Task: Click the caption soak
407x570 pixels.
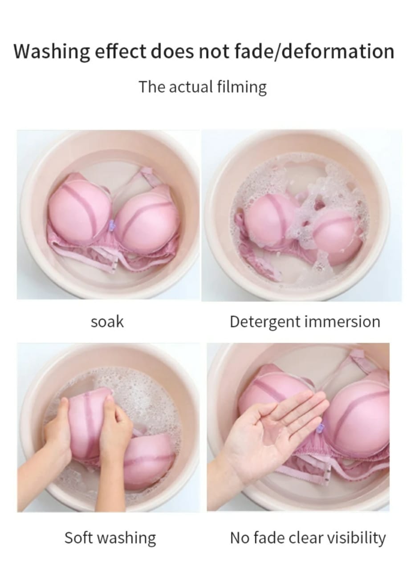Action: pos(107,322)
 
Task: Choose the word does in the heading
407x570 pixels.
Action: pos(171,52)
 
